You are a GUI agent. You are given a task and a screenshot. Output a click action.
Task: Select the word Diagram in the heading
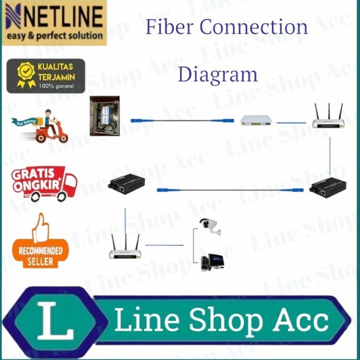point(217,74)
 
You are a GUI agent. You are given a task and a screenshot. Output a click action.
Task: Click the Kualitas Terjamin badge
point(46,75)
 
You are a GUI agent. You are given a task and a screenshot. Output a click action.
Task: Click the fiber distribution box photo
point(105,116)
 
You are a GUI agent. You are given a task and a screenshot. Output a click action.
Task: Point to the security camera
point(210,226)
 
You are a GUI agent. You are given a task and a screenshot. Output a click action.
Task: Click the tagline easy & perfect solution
point(55,35)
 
